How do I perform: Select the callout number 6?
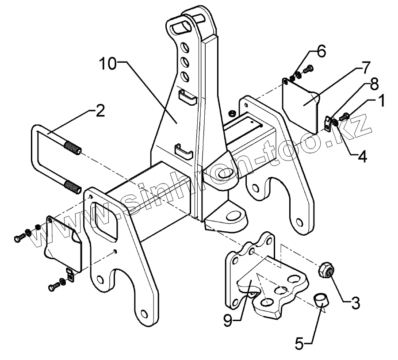coord(321,51)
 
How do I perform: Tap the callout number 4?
coord(362,157)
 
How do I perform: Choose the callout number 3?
coord(356,303)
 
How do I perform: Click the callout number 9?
coord(228,319)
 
